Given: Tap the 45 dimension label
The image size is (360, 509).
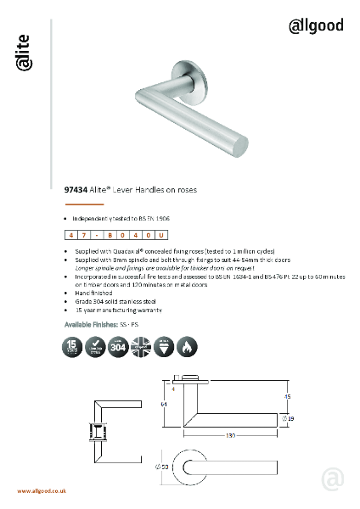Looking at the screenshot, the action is pyautogui.click(x=288, y=395).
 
